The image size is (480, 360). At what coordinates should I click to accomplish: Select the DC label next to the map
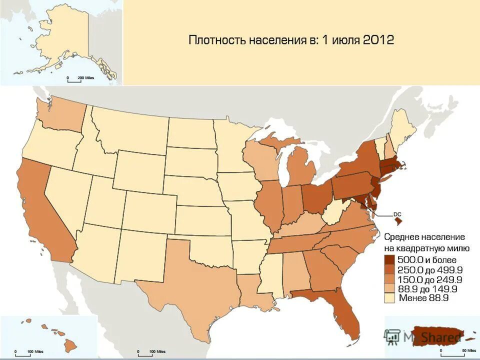coord(397,214)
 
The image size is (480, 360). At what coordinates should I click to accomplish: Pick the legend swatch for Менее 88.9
coord(389,298)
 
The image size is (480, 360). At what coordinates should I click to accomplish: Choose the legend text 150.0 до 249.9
coord(429,279)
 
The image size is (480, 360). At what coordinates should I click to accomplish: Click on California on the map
coord(42,210)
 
